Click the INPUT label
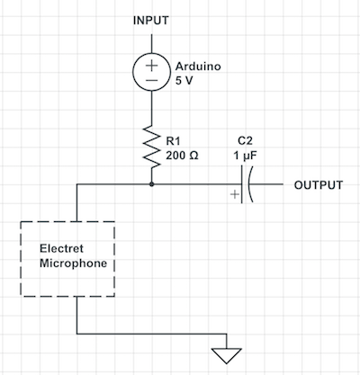(151, 21)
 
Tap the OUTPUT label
(319, 185)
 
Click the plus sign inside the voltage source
(152, 66)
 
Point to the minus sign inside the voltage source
(152, 80)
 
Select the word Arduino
(198, 67)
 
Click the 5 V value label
(184, 80)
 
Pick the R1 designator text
(173, 140)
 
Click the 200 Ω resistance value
(182, 156)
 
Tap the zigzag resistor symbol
(151, 147)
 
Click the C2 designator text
(245, 140)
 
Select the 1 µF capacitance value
(245, 156)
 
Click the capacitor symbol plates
(247, 184)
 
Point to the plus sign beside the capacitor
(235, 194)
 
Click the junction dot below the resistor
(151, 184)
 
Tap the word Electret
(61, 248)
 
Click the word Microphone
(74, 263)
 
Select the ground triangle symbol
(227, 355)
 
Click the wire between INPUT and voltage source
(151, 43)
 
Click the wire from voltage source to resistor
(151, 108)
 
